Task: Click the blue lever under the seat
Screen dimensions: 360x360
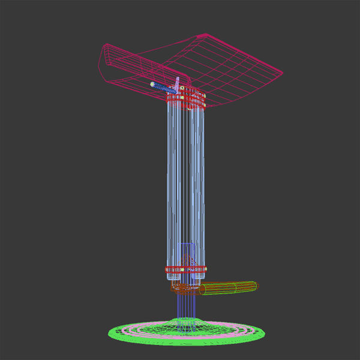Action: tap(163, 88)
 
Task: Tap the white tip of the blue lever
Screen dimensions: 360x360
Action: tap(153, 84)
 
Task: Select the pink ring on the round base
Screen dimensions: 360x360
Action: tap(150, 329)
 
